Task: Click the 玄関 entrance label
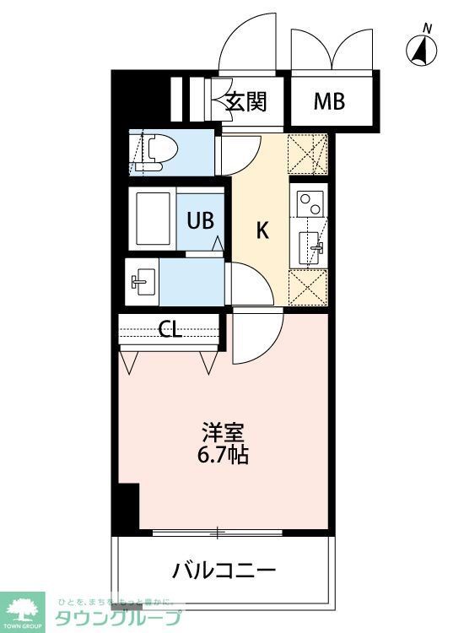click(x=246, y=102)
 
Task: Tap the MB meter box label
click(x=329, y=102)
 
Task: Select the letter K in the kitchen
click(x=262, y=230)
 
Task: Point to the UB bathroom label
click(x=200, y=221)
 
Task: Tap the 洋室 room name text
click(x=224, y=433)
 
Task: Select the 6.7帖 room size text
click(x=224, y=456)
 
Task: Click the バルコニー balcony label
click(x=224, y=570)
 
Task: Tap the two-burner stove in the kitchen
click(x=310, y=203)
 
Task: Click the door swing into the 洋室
click(x=258, y=336)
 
